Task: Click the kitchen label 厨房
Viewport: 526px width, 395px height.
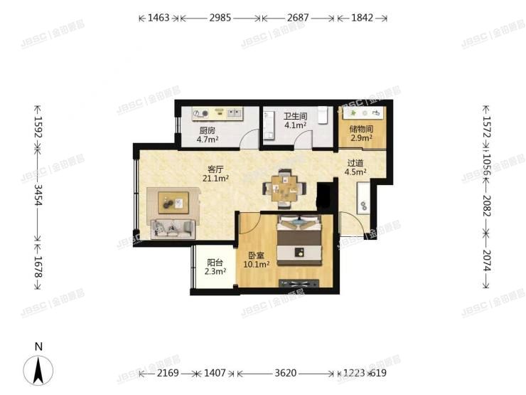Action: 207,131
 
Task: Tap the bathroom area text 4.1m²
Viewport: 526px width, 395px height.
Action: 295,125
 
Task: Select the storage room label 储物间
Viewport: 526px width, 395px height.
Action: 360,129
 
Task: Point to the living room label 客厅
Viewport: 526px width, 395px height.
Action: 215,169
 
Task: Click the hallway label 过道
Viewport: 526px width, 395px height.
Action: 355,162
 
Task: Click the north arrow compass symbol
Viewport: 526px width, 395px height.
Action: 39,369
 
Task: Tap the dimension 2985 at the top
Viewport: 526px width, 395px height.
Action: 220,18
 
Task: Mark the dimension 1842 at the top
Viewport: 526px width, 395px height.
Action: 362,18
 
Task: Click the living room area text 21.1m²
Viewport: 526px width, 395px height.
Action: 215,179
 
